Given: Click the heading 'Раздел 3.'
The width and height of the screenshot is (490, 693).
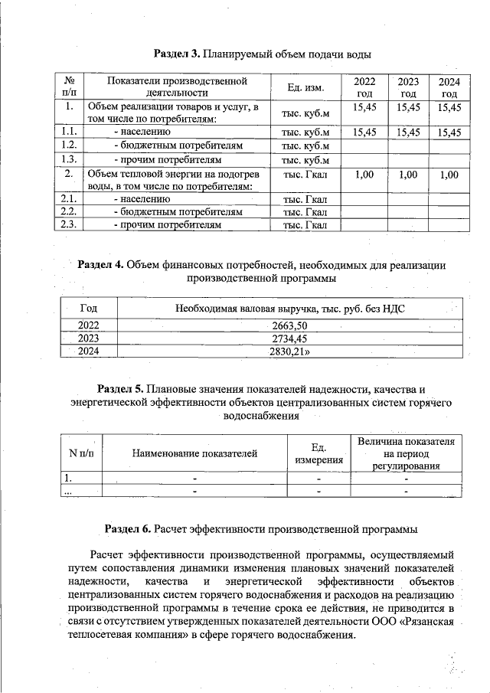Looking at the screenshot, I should (177, 54).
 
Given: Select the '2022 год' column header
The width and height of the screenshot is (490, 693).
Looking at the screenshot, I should (364, 87).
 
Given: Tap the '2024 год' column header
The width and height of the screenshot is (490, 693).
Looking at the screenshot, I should (448, 87).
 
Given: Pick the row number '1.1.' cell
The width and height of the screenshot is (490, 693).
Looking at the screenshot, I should (69, 132).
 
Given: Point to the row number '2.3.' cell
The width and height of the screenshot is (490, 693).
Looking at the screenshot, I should (69, 225).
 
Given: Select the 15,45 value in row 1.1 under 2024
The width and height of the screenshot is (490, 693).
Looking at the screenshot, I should (448, 132).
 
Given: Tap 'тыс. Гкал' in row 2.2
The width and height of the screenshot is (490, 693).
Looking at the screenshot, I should (305, 211).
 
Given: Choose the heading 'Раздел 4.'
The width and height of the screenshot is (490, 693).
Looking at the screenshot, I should (100, 264).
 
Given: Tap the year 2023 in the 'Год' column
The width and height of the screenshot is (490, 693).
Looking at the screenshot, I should (88, 338).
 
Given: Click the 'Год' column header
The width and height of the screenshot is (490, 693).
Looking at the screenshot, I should (88, 308).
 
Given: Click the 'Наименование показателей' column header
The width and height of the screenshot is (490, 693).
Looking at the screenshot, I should (194, 453).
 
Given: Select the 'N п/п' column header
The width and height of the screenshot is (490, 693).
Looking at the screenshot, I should (81, 453).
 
